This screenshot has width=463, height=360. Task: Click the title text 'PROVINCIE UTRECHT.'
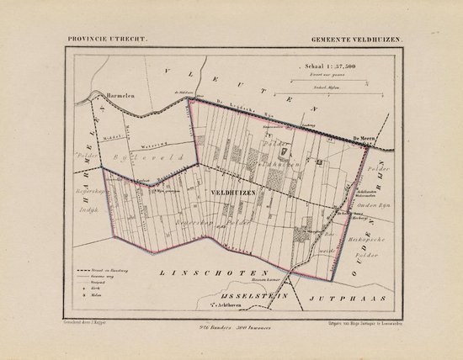click(x=98, y=40)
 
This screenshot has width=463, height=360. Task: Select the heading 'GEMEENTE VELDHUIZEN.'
click(x=356, y=40)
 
